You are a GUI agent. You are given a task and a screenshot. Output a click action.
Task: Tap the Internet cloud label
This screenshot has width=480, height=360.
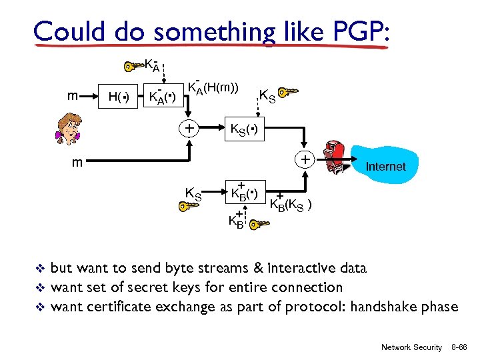coord(385,167)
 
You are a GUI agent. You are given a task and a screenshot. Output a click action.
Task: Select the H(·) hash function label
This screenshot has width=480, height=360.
coord(119,99)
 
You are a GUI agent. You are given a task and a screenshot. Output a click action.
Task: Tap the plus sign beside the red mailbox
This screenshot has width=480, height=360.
coord(304,161)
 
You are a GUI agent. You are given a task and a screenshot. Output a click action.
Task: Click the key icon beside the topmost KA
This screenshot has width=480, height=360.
coord(133,66)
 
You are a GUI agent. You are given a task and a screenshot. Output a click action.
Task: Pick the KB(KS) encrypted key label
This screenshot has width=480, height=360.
coord(291,203)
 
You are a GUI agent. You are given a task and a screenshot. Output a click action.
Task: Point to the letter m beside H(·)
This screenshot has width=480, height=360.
coord(77,97)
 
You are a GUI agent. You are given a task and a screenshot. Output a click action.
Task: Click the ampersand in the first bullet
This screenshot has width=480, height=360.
coord(257,268)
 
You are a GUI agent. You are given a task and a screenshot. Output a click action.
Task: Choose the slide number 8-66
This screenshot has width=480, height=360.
coord(459,347)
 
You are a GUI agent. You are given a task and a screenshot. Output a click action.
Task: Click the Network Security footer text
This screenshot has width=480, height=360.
coord(411,347)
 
